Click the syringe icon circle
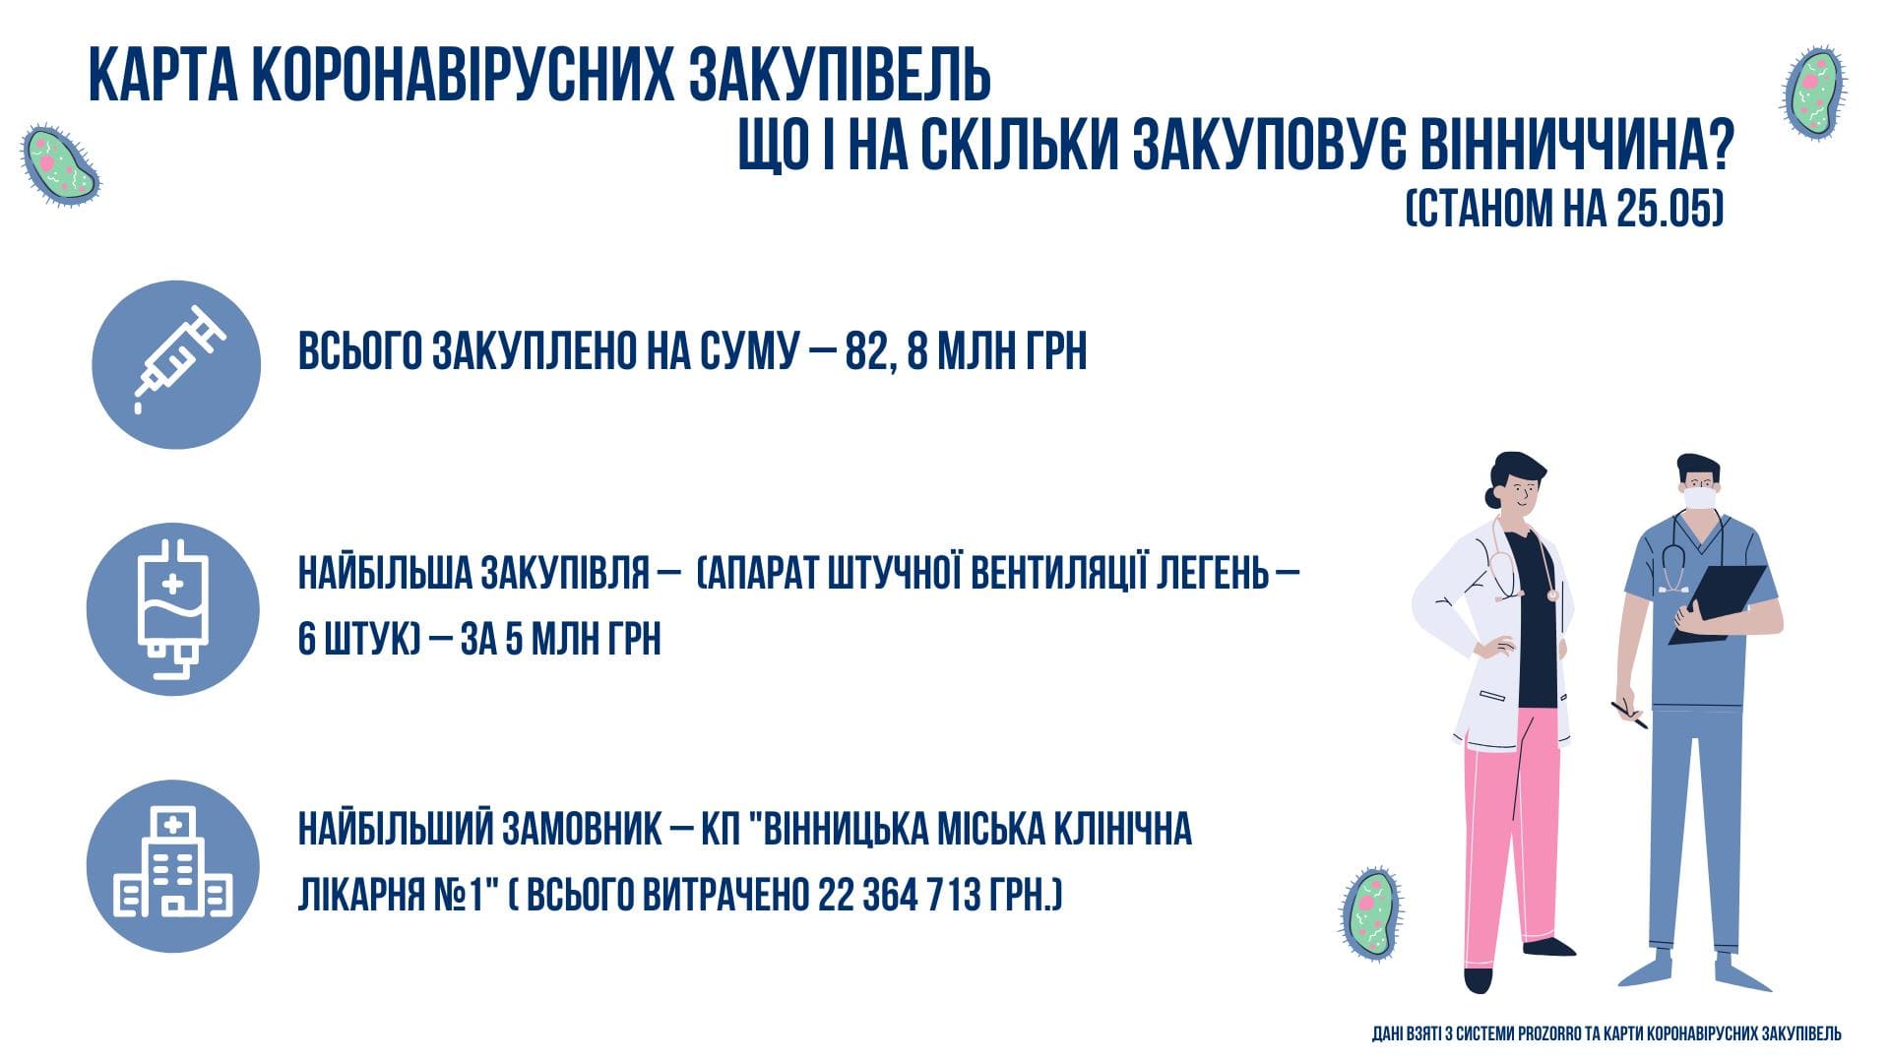pos(176,364)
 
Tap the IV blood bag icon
pos(172,609)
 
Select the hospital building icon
pos(173,863)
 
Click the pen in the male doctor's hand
pos(1629,716)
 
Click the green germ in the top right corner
pos(1814,93)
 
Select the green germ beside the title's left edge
pos(61,164)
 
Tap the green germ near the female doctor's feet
pos(1370,914)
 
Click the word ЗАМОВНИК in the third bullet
pos(582,830)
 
